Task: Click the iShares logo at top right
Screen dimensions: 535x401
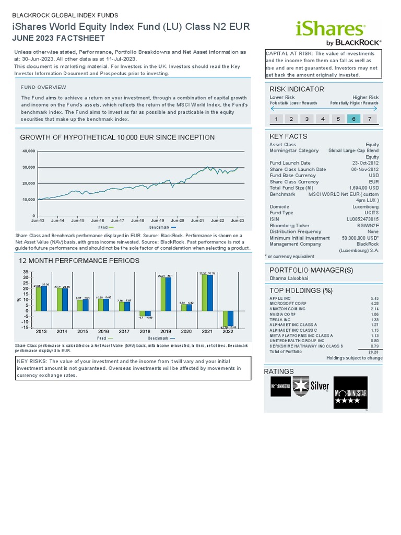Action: pos(331,32)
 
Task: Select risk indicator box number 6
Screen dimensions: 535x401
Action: pos(354,119)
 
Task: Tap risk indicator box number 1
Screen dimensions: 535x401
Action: pos(276,119)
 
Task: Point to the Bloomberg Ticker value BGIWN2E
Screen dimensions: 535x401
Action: pos(368,225)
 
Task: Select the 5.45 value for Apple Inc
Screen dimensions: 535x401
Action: pos(375,298)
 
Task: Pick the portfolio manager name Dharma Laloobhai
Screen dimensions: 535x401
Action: pos(289,278)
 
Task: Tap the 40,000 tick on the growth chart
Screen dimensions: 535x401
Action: pos(28,151)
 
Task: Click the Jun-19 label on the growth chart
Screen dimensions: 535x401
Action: pos(158,220)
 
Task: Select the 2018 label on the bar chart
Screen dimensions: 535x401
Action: pos(144,331)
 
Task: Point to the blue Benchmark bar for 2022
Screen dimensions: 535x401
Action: pos(231,319)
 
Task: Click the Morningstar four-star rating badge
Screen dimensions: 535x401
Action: pos(351,392)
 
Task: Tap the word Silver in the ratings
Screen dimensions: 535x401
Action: pos(320,387)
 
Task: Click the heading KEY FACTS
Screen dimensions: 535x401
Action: pos(285,136)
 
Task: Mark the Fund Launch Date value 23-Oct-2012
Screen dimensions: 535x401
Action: pos(365,163)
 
